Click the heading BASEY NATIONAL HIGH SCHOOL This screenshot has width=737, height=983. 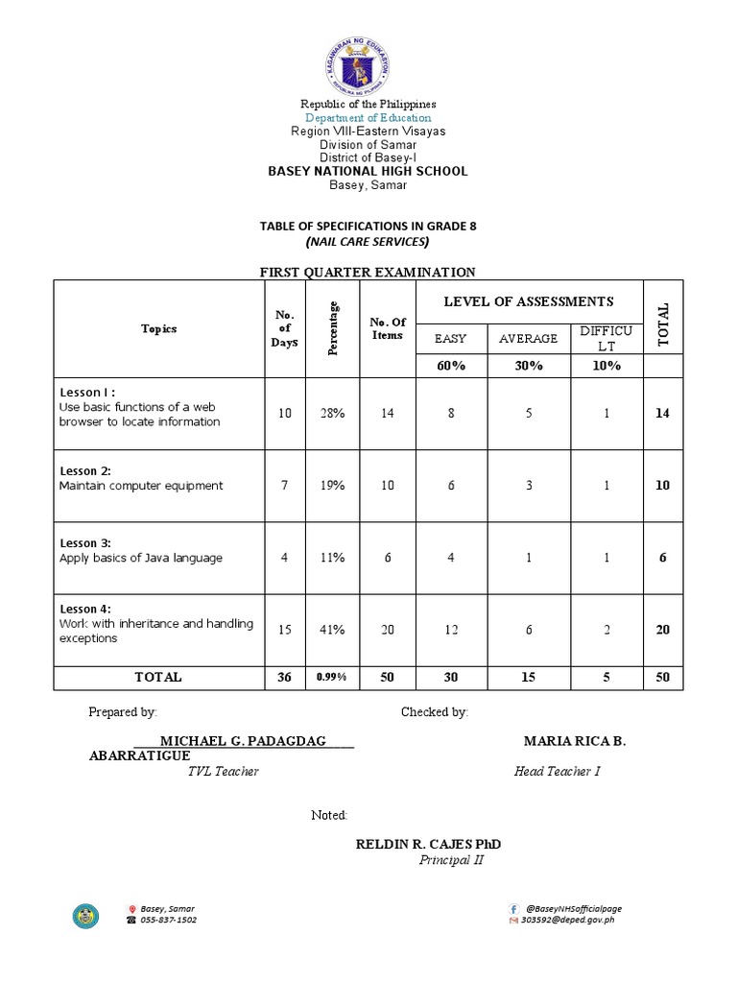click(368, 171)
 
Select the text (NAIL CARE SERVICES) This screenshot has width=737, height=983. click(368, 241)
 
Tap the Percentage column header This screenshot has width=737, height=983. click(333, 328)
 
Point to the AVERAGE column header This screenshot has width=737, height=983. click(528, 339)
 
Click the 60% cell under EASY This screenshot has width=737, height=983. click(450, 366)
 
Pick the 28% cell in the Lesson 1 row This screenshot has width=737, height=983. click(333, 413)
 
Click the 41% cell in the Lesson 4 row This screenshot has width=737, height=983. click(333, 630)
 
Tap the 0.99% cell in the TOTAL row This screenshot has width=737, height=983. click(333, 678)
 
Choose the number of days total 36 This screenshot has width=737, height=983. click(284, 678)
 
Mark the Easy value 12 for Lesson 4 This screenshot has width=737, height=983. click(450, 630)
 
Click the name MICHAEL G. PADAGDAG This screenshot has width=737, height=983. click(243, 741)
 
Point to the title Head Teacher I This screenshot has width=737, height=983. click(557, 771)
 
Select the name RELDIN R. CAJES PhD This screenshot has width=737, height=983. click(428, 844)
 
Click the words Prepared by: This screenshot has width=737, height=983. click(123, 712)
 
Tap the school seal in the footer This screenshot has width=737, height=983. click(85, 916)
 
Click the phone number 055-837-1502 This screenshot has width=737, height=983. click(168, 920)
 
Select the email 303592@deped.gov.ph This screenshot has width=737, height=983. click(566, 920)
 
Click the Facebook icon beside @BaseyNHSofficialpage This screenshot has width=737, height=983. click(513, 908)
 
